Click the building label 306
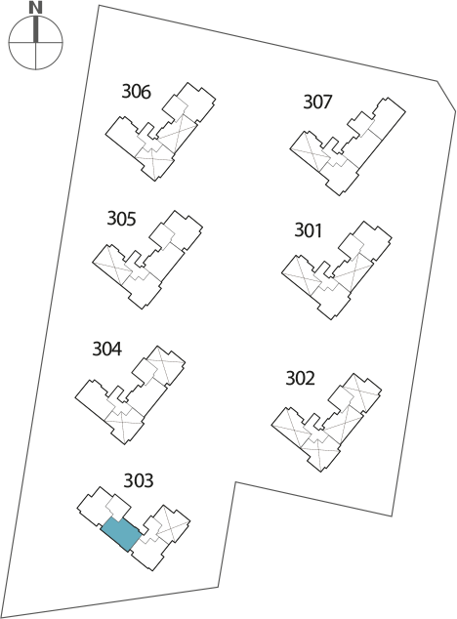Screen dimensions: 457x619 136,92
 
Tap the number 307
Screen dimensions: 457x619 317,102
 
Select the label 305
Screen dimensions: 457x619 121,219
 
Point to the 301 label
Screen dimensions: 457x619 309,230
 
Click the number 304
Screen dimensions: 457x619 107,349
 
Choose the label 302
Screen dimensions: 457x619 300,378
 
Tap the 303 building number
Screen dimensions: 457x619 139,480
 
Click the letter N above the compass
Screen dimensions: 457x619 35,8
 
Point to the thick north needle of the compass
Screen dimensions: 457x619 36,28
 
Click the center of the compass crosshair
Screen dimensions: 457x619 35,41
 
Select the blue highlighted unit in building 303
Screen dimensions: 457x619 121,534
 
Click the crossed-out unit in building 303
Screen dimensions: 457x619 171,523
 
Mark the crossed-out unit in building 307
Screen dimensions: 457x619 311,153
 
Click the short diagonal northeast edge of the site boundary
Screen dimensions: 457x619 446,95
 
